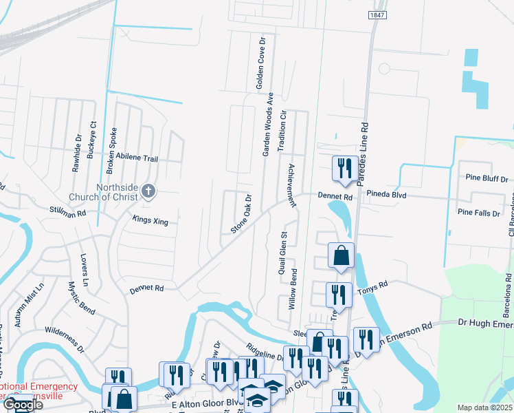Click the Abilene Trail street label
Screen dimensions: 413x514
pyautogui.click(x=137, y=158)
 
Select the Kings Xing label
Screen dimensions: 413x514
pyautogui.click(x=150, y=220)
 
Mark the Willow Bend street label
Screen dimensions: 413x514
pyautogui.click(x=293, y=288)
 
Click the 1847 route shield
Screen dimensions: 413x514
pyautogui.click(x=377, y=15)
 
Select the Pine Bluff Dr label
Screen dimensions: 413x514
pyautogui.click(x=486, y=178)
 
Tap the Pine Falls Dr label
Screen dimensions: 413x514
pyautogui.click(x=478, y=213)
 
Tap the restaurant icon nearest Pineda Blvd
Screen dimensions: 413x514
pyautogui.click(x=343, y=169)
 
